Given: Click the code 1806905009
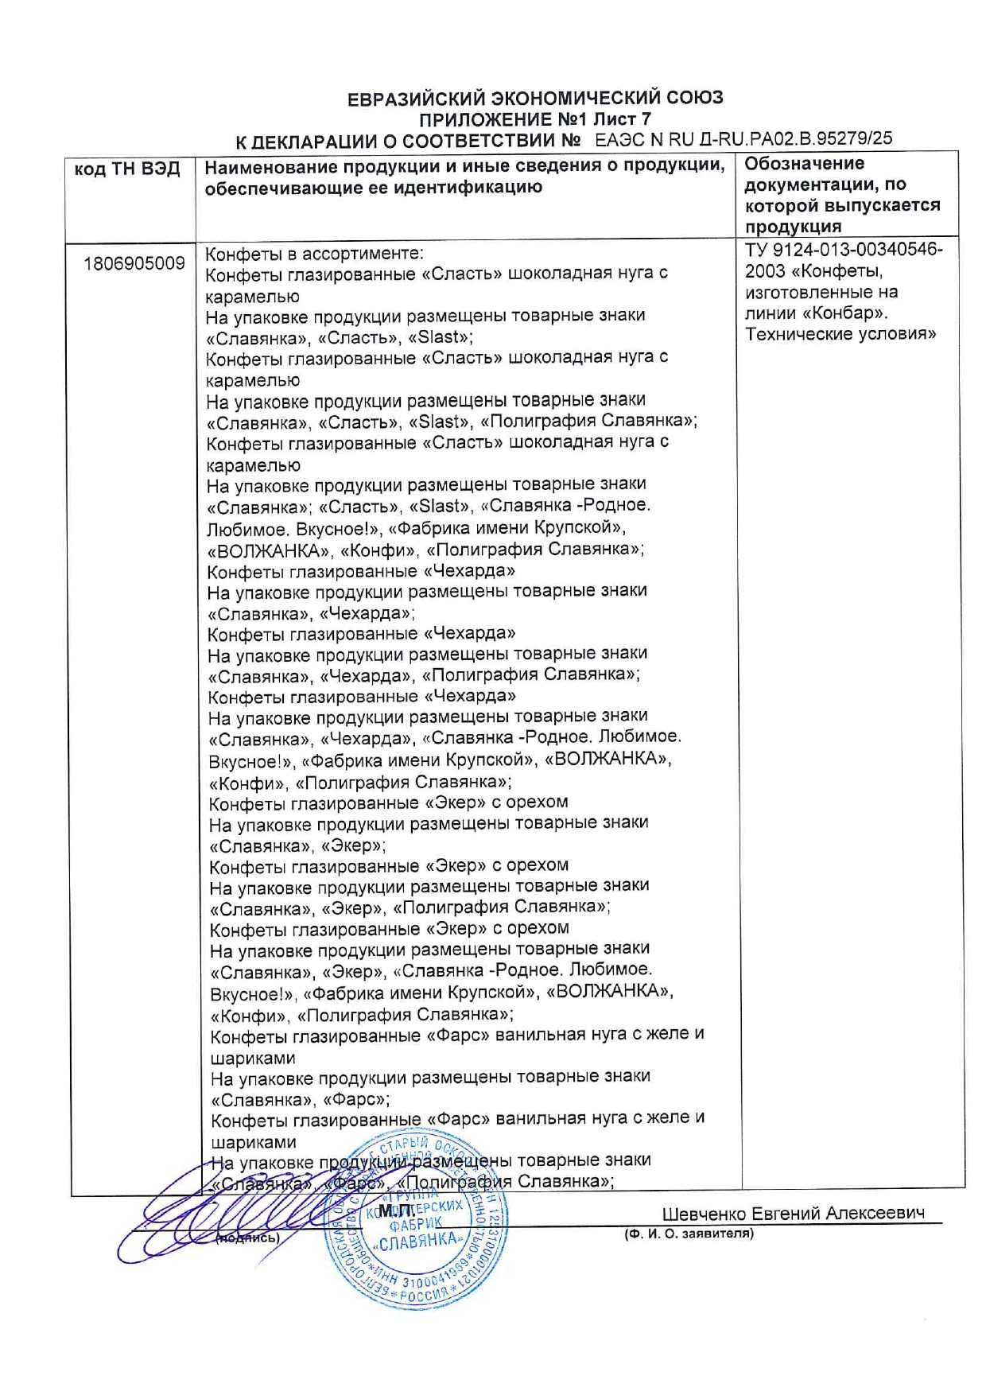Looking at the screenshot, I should pyautogui.click(x=134, y=263).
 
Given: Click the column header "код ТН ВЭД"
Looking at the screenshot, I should pyautogui.click(x=127, y=169).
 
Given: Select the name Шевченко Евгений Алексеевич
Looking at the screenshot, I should pyautogui.click(x=793, y=1214).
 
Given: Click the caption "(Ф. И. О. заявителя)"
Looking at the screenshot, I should pyautogui.click(x=689, y=1234).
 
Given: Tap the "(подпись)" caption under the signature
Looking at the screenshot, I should pyautogui.click(x=248, y=1238).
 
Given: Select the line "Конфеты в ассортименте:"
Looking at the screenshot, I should pyautogui.click(x=314, y=254).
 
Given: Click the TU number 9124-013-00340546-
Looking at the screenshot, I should pyautogui.click(x=844, y=250).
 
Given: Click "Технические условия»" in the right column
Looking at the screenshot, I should pyautogui.click(x=840, y=334).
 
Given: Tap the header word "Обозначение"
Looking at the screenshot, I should pyautogui.click(x=804, y=164).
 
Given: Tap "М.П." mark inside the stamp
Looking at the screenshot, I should pyautogui.click(x=394, y=1210).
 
